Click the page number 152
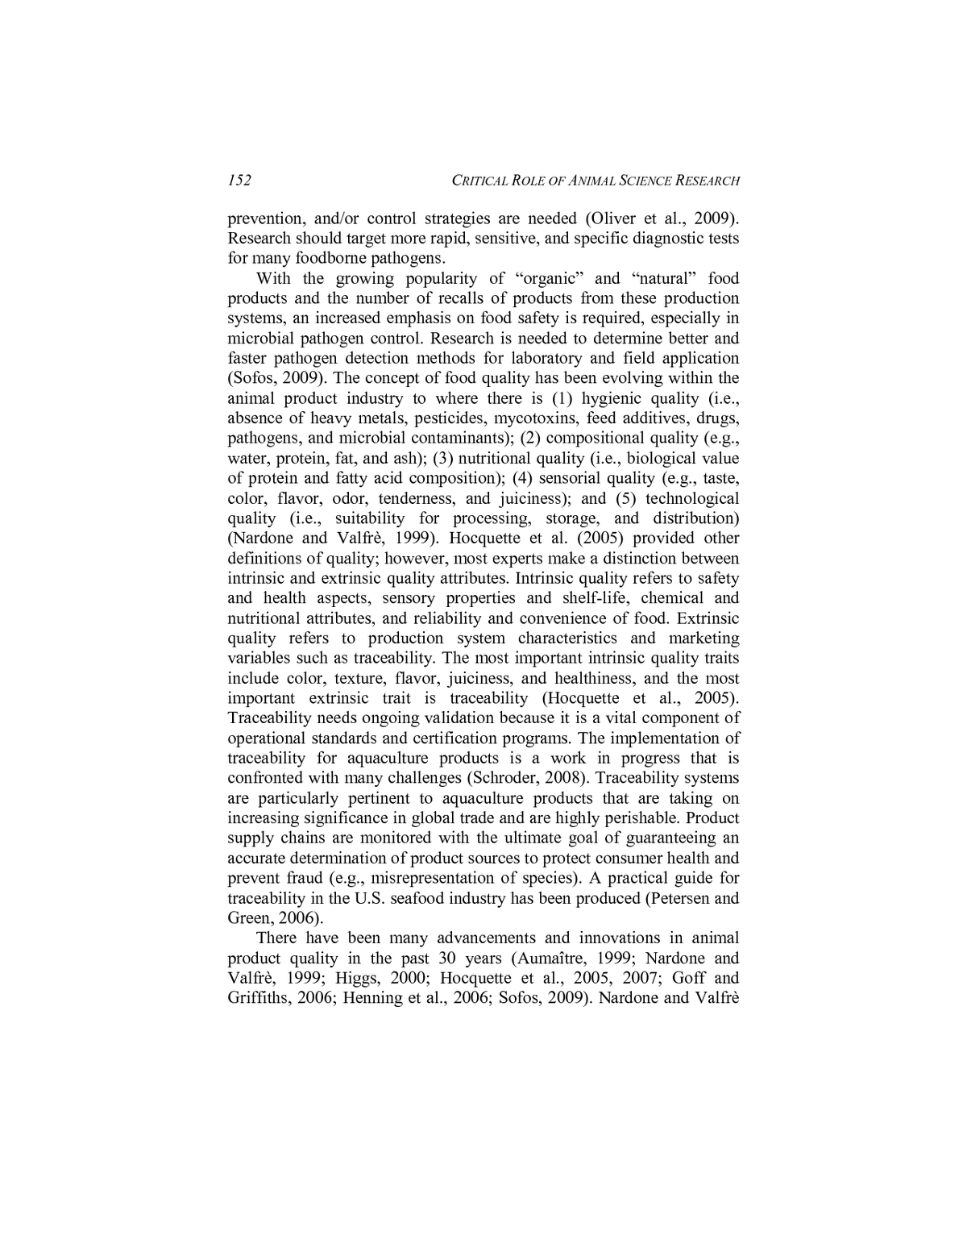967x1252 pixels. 239,180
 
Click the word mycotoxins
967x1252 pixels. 537,418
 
